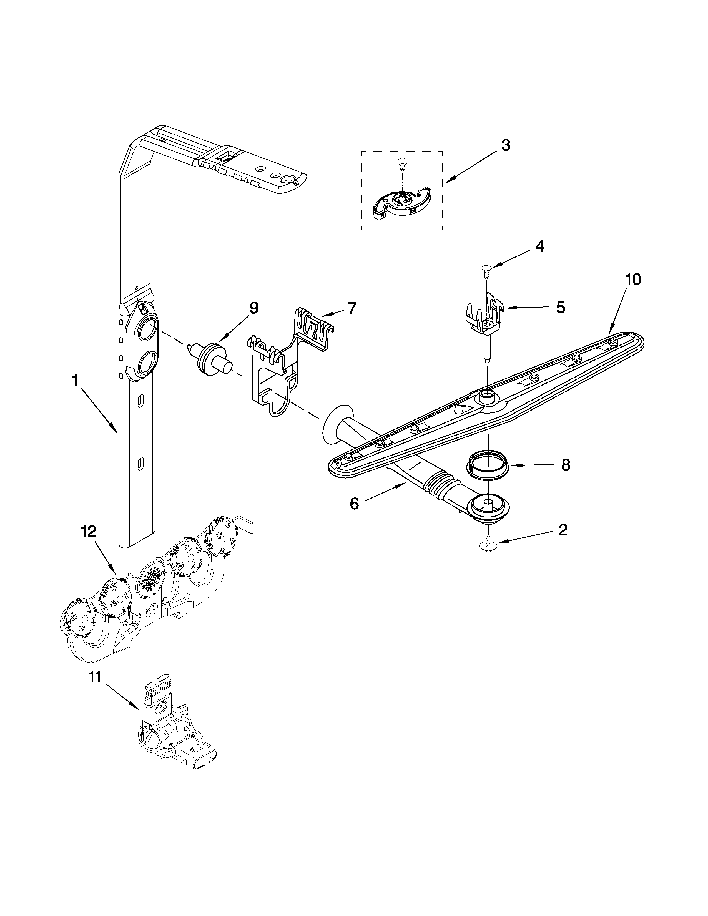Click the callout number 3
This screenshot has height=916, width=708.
[x=506, y=145]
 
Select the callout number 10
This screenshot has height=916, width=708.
[x=633, y=279]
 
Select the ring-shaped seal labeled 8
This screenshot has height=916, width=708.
[x=487, y=464]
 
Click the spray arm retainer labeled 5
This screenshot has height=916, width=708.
[x=486, y=323]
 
